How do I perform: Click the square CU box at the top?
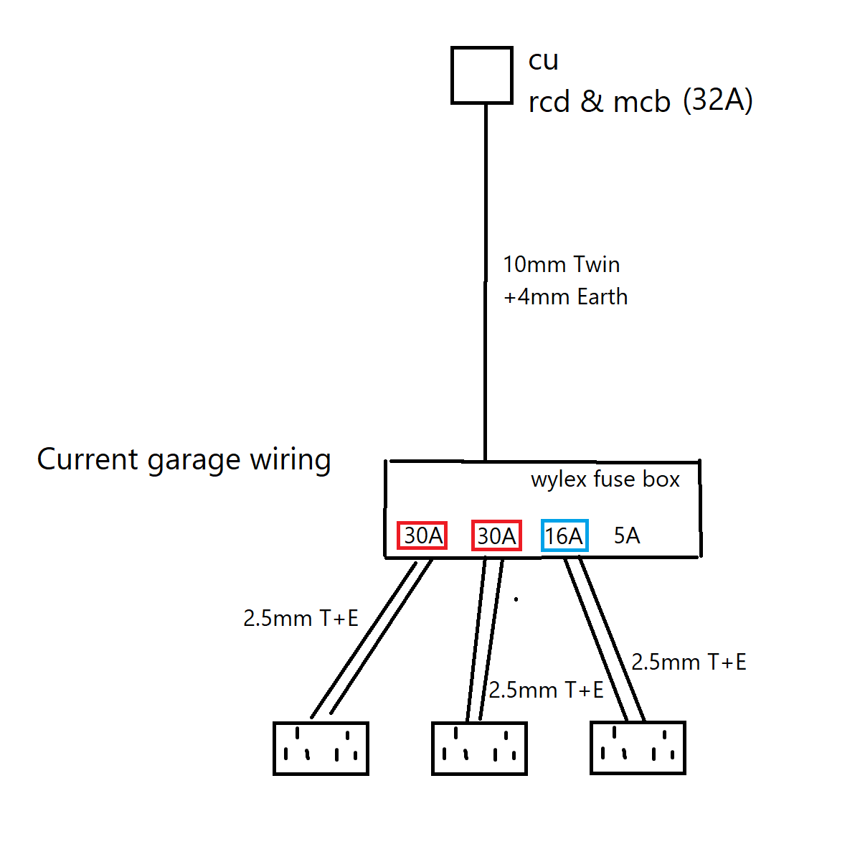click(x=482, y=75)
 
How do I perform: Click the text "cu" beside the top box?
click(x=544, y=61)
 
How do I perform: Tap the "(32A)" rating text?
click(x=717, y=100)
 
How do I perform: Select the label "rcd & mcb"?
click(x=599, y=102)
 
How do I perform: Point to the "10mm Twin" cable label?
click(x=561, y=265)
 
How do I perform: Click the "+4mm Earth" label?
click(x=565, y=296)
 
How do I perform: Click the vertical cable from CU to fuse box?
click(x=486, y=287)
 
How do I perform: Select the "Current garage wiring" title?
click(x=184, y=459)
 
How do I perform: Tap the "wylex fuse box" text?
click(x=605, y=479)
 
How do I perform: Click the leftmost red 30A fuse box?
click(x=422, y=535)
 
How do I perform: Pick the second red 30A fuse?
click(x=496, y=535)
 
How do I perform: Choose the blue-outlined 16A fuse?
click(x=564, y=535)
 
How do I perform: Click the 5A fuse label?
click(x=627, y=535)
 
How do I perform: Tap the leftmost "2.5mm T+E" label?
click(x=301, y=618)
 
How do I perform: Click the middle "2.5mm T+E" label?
click(x=546, y=690)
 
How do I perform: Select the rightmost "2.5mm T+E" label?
click(x=689, y=662)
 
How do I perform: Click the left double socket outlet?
click(x=321, y=749)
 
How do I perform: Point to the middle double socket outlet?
click(x=479, y=749)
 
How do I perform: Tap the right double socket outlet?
click(x=638, y=748)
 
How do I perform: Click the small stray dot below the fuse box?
click(x=516, y=598)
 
